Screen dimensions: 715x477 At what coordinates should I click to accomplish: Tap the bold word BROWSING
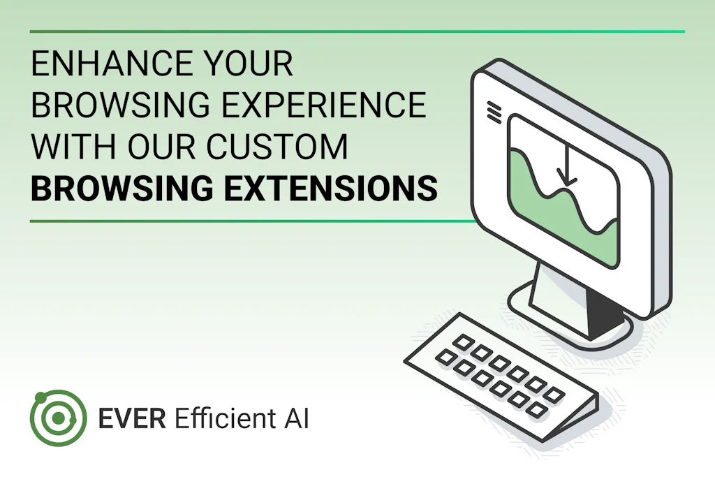[121, 187]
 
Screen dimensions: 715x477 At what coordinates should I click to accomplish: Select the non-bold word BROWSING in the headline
[120, 105]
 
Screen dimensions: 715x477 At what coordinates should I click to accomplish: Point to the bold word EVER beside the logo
[132, 418]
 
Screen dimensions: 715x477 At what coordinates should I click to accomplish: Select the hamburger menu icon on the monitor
[494, 111]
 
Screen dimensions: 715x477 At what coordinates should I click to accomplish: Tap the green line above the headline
[357, 31]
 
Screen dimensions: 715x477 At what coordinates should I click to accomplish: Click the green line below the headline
[253, 221]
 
